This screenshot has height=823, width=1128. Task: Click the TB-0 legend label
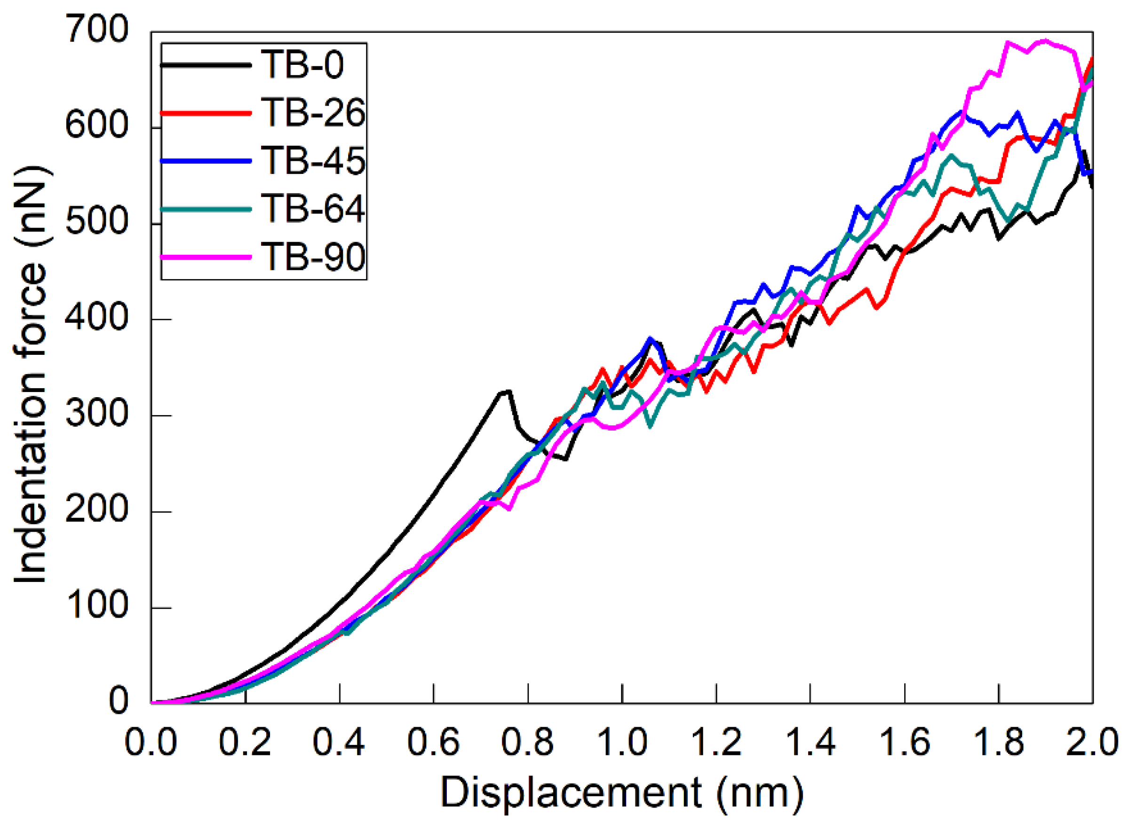[x=302, y=65]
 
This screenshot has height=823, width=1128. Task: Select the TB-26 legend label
[x=313, y=113]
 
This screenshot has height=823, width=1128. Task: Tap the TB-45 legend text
[x=313, y=160]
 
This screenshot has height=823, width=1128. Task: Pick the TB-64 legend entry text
[x=313, y=208]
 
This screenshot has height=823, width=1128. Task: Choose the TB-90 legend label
[x=313, y=257]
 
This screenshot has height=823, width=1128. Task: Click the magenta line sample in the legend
[x=206, y=257]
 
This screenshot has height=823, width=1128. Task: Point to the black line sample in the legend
[x=206, y=65]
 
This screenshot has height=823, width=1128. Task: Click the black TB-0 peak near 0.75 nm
[x=506, y=392]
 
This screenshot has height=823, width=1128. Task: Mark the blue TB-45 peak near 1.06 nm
[x=650, y=339]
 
